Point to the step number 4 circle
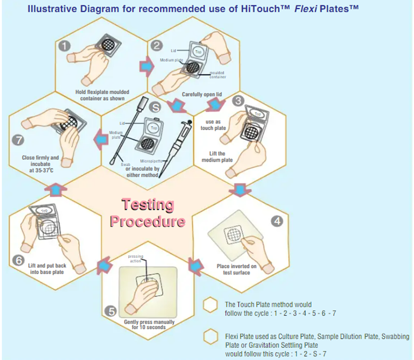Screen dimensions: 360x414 point(277,221)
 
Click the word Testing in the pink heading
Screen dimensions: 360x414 point(148,206)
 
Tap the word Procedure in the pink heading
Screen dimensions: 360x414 point(147,221)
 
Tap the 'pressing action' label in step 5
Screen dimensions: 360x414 point(136,259)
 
